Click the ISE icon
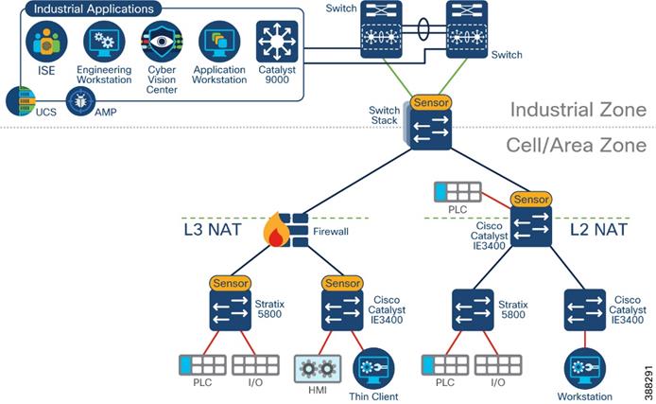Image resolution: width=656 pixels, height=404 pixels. [x=44, y=42]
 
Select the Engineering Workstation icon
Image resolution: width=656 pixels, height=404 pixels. [x=104, y=42]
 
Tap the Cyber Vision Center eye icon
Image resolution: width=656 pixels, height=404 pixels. [x=160, y=42]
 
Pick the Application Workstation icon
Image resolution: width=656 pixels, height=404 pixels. [x=218, y=42]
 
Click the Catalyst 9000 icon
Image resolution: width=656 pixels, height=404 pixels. [x=276, y=42]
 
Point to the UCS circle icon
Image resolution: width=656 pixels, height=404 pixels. [x=20, y=100]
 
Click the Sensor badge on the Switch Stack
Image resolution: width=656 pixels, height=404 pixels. [x=430, y=102]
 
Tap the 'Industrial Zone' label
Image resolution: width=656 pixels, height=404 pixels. [x=578, y=110]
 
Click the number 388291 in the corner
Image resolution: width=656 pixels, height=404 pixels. [x=647, y=375]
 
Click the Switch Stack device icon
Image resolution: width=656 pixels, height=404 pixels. [x=430, y=129]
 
